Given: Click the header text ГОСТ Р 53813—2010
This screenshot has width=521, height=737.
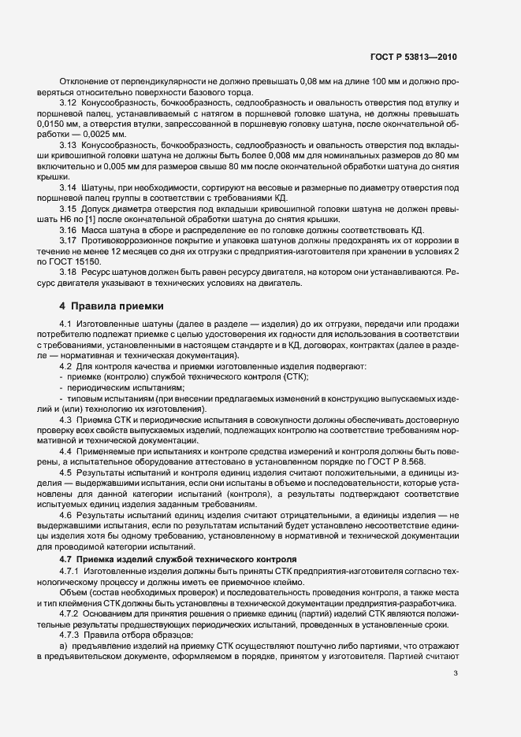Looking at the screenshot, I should tap(414, 57).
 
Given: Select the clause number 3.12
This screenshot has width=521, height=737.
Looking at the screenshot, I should tap(68, 103).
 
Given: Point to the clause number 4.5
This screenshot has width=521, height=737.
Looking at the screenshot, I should tap(65, 471).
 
